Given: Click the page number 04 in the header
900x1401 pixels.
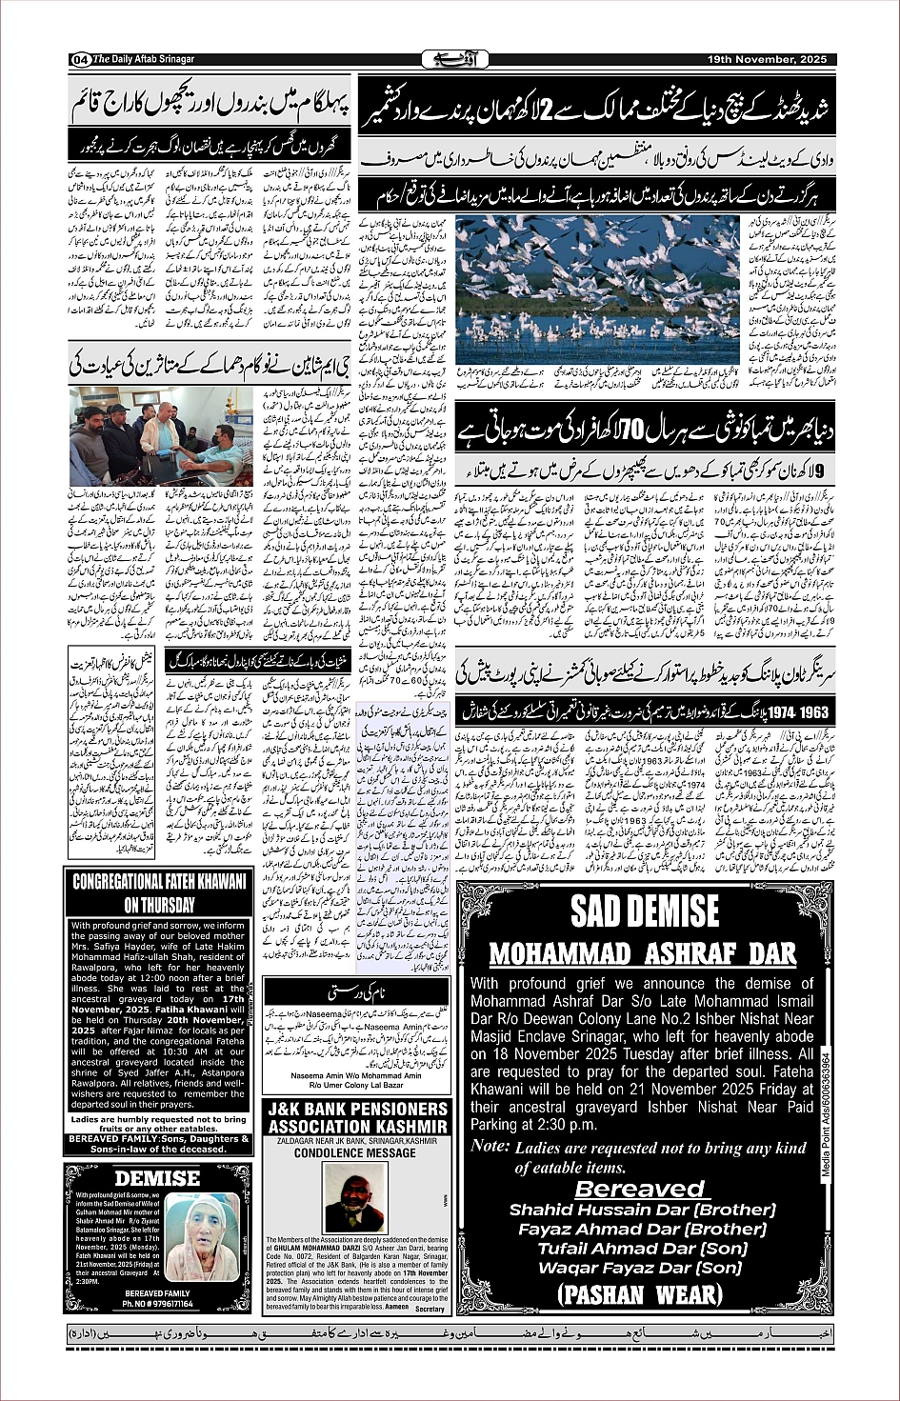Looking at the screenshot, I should click(79, 59).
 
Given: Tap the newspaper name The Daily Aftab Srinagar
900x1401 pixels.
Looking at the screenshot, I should click(144, 59).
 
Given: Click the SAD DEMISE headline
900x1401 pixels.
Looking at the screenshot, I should click(645, 911).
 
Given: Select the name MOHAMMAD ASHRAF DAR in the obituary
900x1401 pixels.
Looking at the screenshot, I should click(642, 954).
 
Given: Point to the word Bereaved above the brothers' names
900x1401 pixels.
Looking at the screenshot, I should click(640, 1189).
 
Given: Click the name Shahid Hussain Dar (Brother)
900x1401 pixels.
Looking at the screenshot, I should click(642, 1210).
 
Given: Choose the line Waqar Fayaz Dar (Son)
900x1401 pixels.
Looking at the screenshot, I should click(640, 1268).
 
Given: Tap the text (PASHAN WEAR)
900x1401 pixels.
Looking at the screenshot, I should click(640, 1294).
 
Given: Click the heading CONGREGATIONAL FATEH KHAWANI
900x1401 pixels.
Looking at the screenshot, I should click(159, 882).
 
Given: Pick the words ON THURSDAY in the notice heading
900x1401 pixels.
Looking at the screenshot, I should click(159, 905).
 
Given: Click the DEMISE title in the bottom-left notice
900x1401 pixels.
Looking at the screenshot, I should click(157, 1178).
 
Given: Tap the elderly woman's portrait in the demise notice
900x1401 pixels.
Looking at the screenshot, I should click(201, 1238).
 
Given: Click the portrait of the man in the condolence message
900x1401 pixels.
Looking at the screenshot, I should click(354, 1197).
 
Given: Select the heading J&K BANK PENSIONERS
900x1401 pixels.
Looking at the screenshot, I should click(357, 1110).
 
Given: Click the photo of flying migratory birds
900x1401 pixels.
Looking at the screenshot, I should click(597, 290).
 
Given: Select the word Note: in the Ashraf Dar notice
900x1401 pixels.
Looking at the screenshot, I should click(490, 1146).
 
